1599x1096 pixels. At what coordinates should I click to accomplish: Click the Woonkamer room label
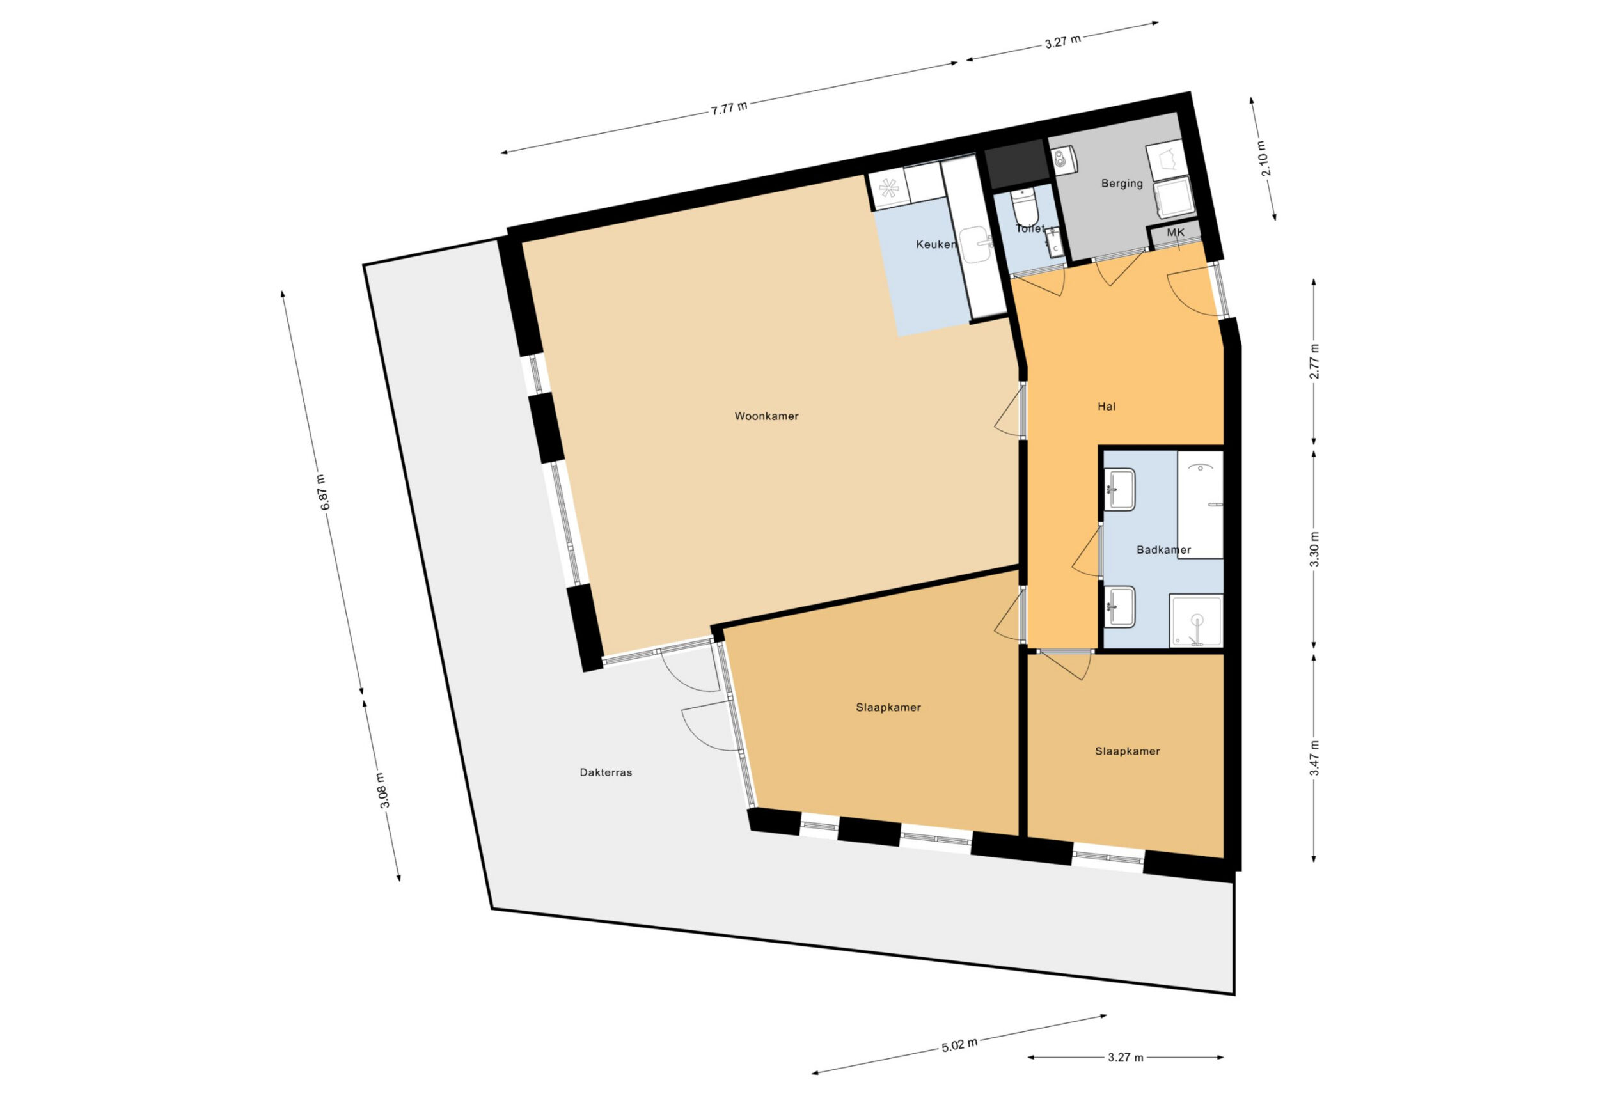(766, 416)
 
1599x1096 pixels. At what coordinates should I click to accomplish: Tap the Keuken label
(936, 244)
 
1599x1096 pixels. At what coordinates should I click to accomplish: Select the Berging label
(1121, 184)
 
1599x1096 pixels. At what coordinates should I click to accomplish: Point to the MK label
(1175, 233)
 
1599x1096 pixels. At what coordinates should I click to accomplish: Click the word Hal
(1107, 407)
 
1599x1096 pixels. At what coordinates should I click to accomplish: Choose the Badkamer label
(1163, 550)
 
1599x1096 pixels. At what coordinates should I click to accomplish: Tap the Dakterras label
(606, 772)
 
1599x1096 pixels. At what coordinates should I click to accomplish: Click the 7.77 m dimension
(729, 108)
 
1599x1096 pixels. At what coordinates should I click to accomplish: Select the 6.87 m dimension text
(324, 492)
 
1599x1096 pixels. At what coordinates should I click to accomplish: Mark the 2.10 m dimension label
(1263, 159)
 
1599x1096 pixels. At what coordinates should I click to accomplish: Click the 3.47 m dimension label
(1314, 758)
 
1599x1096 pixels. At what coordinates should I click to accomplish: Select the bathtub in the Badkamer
(1200, 505)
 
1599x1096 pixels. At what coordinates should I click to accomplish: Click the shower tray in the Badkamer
(1197, 622)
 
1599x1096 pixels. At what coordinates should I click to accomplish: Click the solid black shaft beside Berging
(1016, 164)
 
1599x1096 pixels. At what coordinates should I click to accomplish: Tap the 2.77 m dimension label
(1314, 361)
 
